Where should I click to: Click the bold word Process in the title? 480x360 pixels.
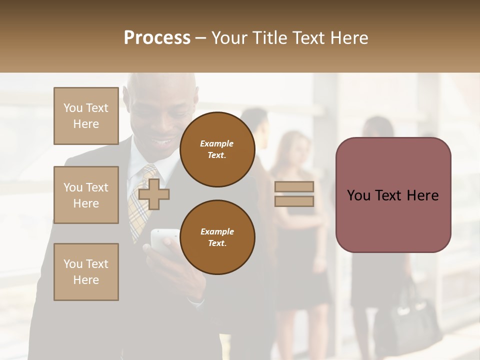click(x=157, y=38)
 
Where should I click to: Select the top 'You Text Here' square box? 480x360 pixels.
click(x=86, y=116)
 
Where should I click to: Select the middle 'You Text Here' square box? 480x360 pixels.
click(x=86, y=195)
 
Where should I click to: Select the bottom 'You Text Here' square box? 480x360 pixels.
click(x=86, y=272)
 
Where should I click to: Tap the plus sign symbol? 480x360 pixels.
click(x=154, y=194)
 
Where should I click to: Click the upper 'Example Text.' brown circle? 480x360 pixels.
click(x=217, y=149)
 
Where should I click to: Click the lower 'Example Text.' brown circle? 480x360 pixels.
click(x=217, y=237)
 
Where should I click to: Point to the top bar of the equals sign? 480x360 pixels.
click(x=294, y=186)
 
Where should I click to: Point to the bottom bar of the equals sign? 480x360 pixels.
click(x=294, y=201)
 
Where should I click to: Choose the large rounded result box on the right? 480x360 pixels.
click(x=393, y=195)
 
